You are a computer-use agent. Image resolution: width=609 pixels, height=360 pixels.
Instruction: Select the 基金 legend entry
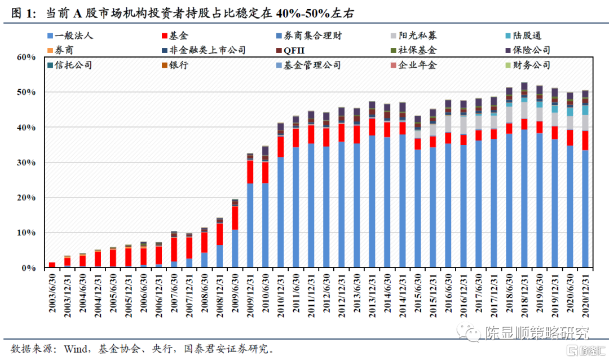[x=179, y=36]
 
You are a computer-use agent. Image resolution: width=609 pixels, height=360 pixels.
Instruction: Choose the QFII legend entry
[x=294, y=51]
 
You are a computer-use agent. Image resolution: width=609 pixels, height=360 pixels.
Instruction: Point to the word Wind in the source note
[x=65, y=348]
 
